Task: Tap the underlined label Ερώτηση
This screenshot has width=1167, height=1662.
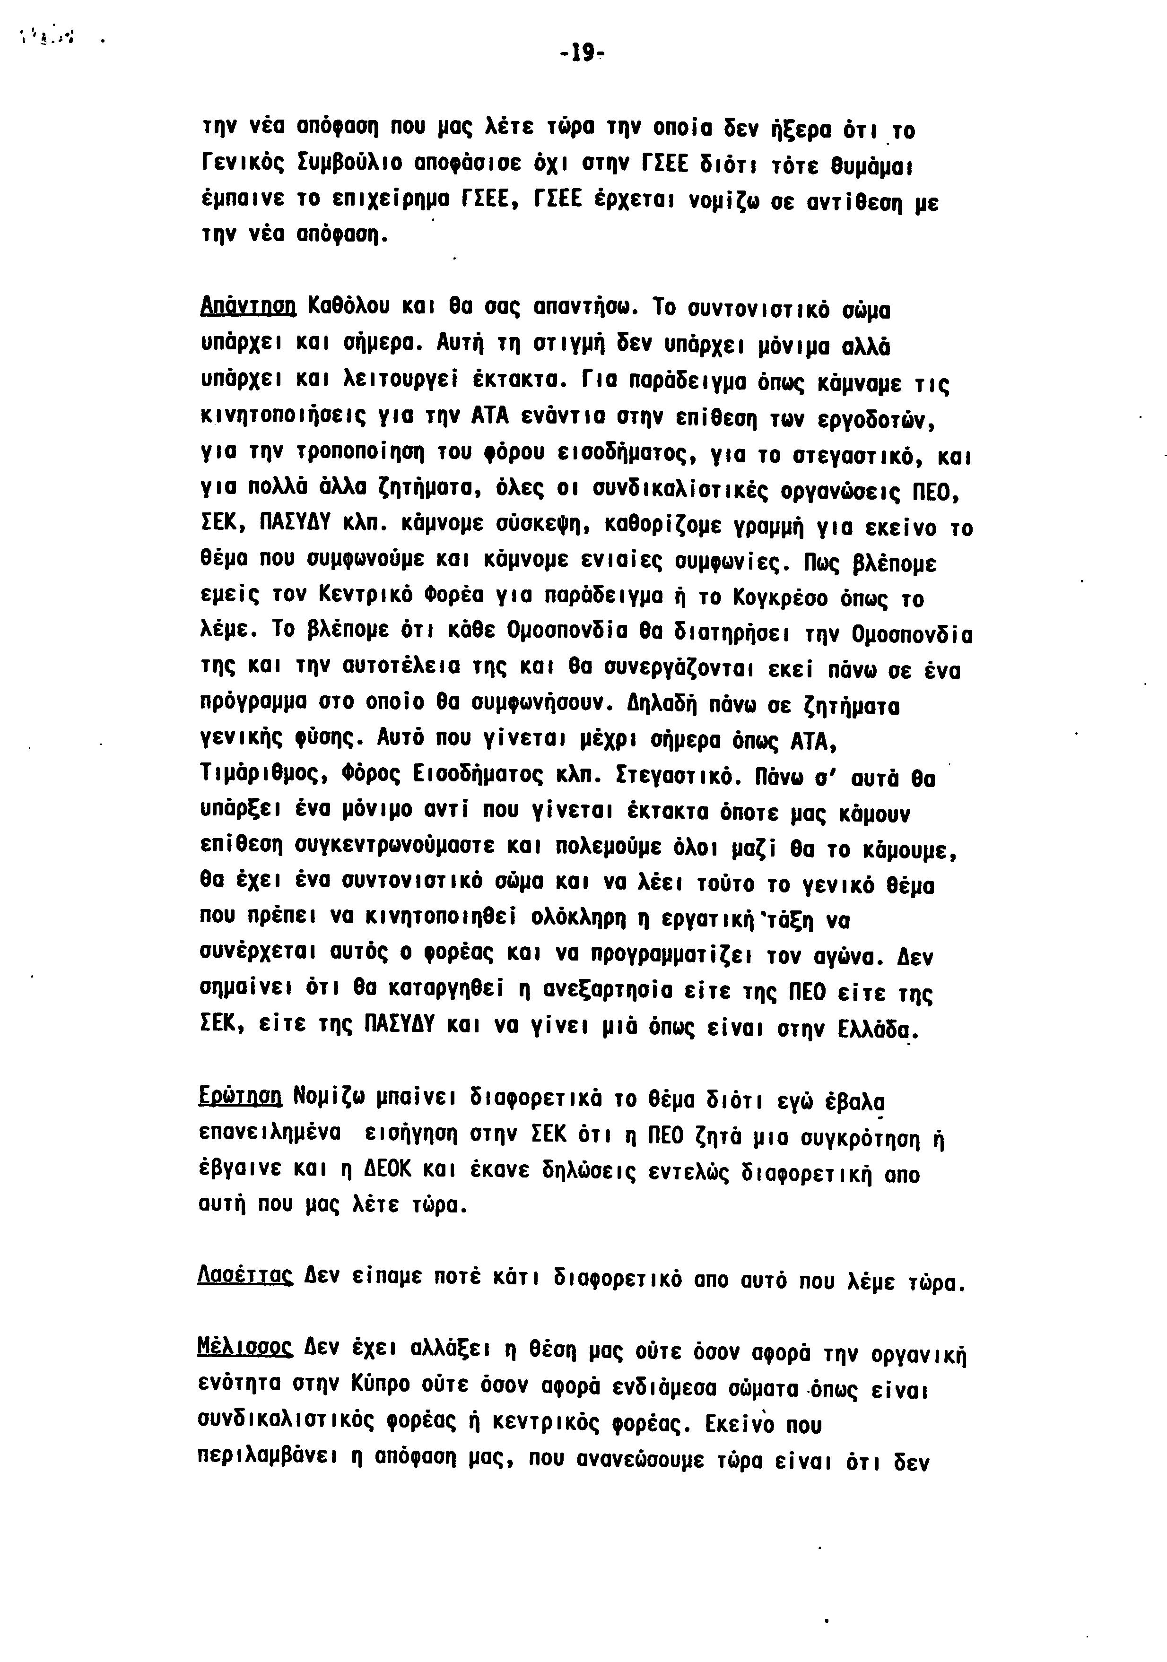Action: tap(239, 1097)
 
